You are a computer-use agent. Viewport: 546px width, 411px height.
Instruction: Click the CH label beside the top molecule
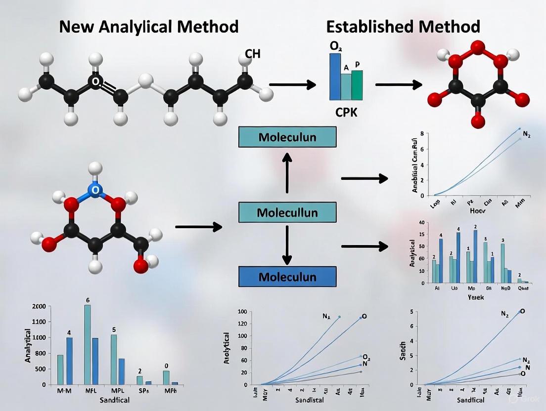click(252, 54)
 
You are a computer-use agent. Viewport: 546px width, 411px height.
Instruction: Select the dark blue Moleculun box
click(287, 277)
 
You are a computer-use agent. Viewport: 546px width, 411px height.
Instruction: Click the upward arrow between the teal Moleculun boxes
click(287, 173)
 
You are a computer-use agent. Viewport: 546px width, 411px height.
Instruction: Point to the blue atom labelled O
click(96, 189)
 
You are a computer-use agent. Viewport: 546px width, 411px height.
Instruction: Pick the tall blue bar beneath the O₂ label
click(335, 77)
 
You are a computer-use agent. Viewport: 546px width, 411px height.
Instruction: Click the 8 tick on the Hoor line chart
click(422, 134)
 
